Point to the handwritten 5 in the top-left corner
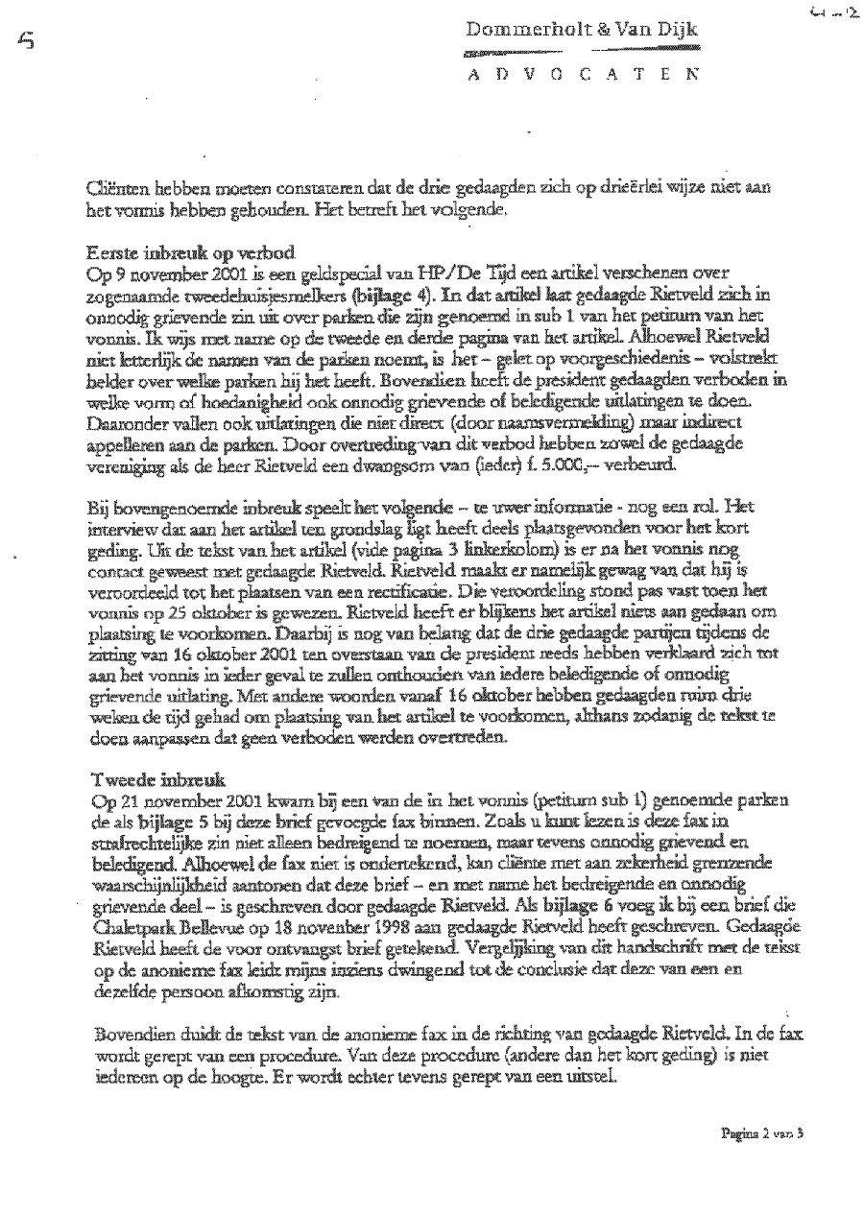tap(23, 40)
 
